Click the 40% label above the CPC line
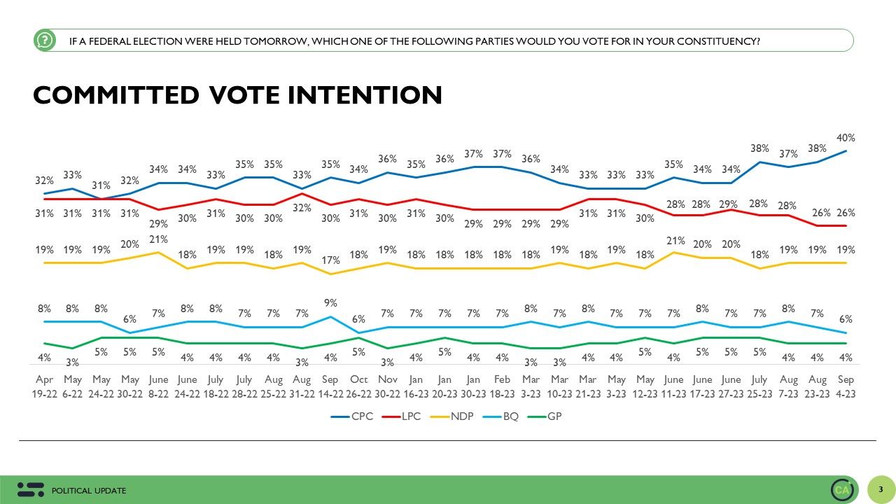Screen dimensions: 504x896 [x=846, y=139]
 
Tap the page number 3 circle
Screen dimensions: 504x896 [x=881, y=489]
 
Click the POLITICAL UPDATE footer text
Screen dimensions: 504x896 [x=89, y=491]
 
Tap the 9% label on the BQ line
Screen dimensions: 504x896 [x=330, y=303]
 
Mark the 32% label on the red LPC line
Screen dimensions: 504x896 [x=301, y=208]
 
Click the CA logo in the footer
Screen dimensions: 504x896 [x=842, y=490]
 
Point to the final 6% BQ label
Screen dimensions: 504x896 [x=846, y=319]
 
